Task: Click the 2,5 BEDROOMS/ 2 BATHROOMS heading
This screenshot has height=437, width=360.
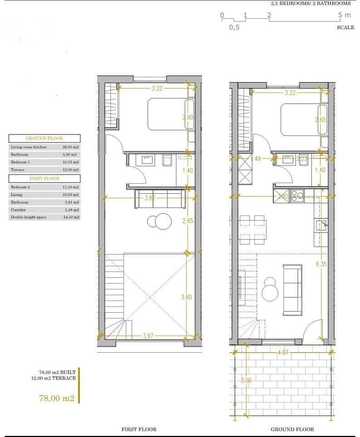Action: [311, 3]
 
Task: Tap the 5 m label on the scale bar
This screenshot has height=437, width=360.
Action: [345, 15]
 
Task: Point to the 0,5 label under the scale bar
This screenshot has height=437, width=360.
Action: [234, 27]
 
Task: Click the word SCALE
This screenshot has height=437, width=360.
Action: [345, 27]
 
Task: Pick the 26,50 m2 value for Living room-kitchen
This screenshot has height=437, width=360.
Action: [70, 147]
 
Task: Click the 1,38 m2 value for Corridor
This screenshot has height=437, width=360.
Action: [72, 210]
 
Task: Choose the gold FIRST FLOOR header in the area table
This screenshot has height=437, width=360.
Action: [44, 179]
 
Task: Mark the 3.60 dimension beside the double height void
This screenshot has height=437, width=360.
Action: [186, 297]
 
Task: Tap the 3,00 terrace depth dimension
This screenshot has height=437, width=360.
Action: [246, 381]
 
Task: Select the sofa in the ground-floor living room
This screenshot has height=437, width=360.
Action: [293, 290]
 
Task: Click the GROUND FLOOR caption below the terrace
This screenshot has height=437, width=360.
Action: [292, 429]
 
